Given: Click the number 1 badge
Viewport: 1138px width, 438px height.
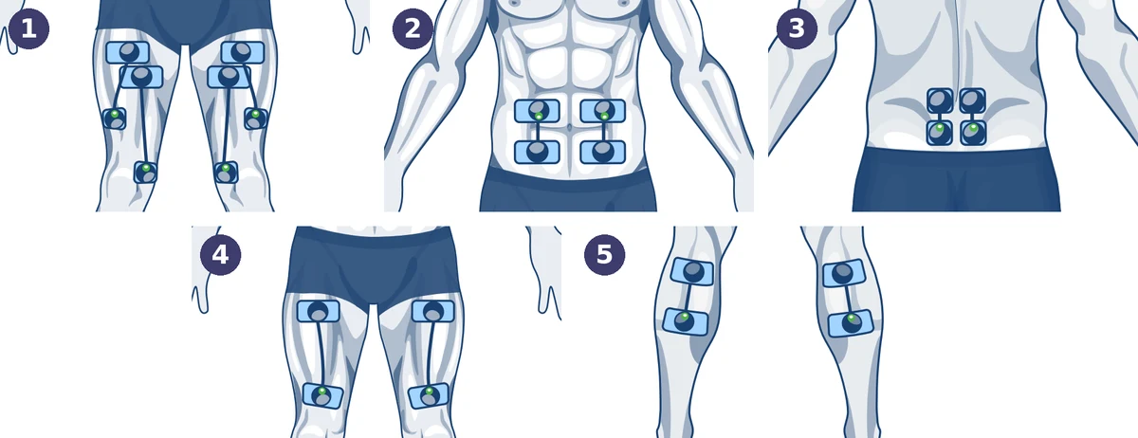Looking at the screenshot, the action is (28, 28).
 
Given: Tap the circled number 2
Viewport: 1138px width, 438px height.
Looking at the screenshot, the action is (413, 28).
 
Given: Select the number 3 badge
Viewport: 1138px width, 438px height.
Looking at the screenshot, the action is (797, 28).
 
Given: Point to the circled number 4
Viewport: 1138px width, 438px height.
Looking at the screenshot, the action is (220, 255).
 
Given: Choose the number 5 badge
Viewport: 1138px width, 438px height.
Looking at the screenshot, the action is (605, 255).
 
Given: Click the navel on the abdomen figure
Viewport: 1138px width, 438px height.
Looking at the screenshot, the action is (570, 126).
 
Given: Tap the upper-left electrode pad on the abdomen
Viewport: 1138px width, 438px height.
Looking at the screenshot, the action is (537, 111).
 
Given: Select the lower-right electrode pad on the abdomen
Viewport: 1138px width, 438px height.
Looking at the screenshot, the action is (602, 152).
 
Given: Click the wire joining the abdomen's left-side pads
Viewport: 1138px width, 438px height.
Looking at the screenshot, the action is (538, 131).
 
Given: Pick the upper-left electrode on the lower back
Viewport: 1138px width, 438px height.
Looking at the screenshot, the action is (940, 100).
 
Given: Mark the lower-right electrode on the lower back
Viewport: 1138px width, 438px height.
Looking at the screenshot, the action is (973, 133).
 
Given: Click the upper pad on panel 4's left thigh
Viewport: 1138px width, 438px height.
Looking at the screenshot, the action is (318, 311).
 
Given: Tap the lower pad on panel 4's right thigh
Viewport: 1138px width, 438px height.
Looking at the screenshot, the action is (430, 397).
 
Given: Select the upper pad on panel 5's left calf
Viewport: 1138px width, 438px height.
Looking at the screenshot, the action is (692, 272).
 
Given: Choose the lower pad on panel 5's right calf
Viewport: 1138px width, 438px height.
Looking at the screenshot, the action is (851, 323).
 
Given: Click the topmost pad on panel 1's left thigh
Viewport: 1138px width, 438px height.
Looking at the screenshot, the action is (128, 53).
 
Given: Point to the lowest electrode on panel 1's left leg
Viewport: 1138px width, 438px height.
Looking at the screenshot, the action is (146, 173).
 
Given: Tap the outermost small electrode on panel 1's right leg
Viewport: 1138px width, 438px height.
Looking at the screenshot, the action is (255, 119).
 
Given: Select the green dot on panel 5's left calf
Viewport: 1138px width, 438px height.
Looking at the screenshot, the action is (685, 317).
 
